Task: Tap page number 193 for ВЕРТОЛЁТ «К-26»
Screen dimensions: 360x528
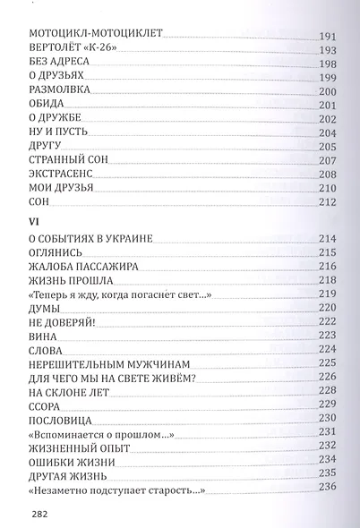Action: pyautogui.click(x=327, y=50)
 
